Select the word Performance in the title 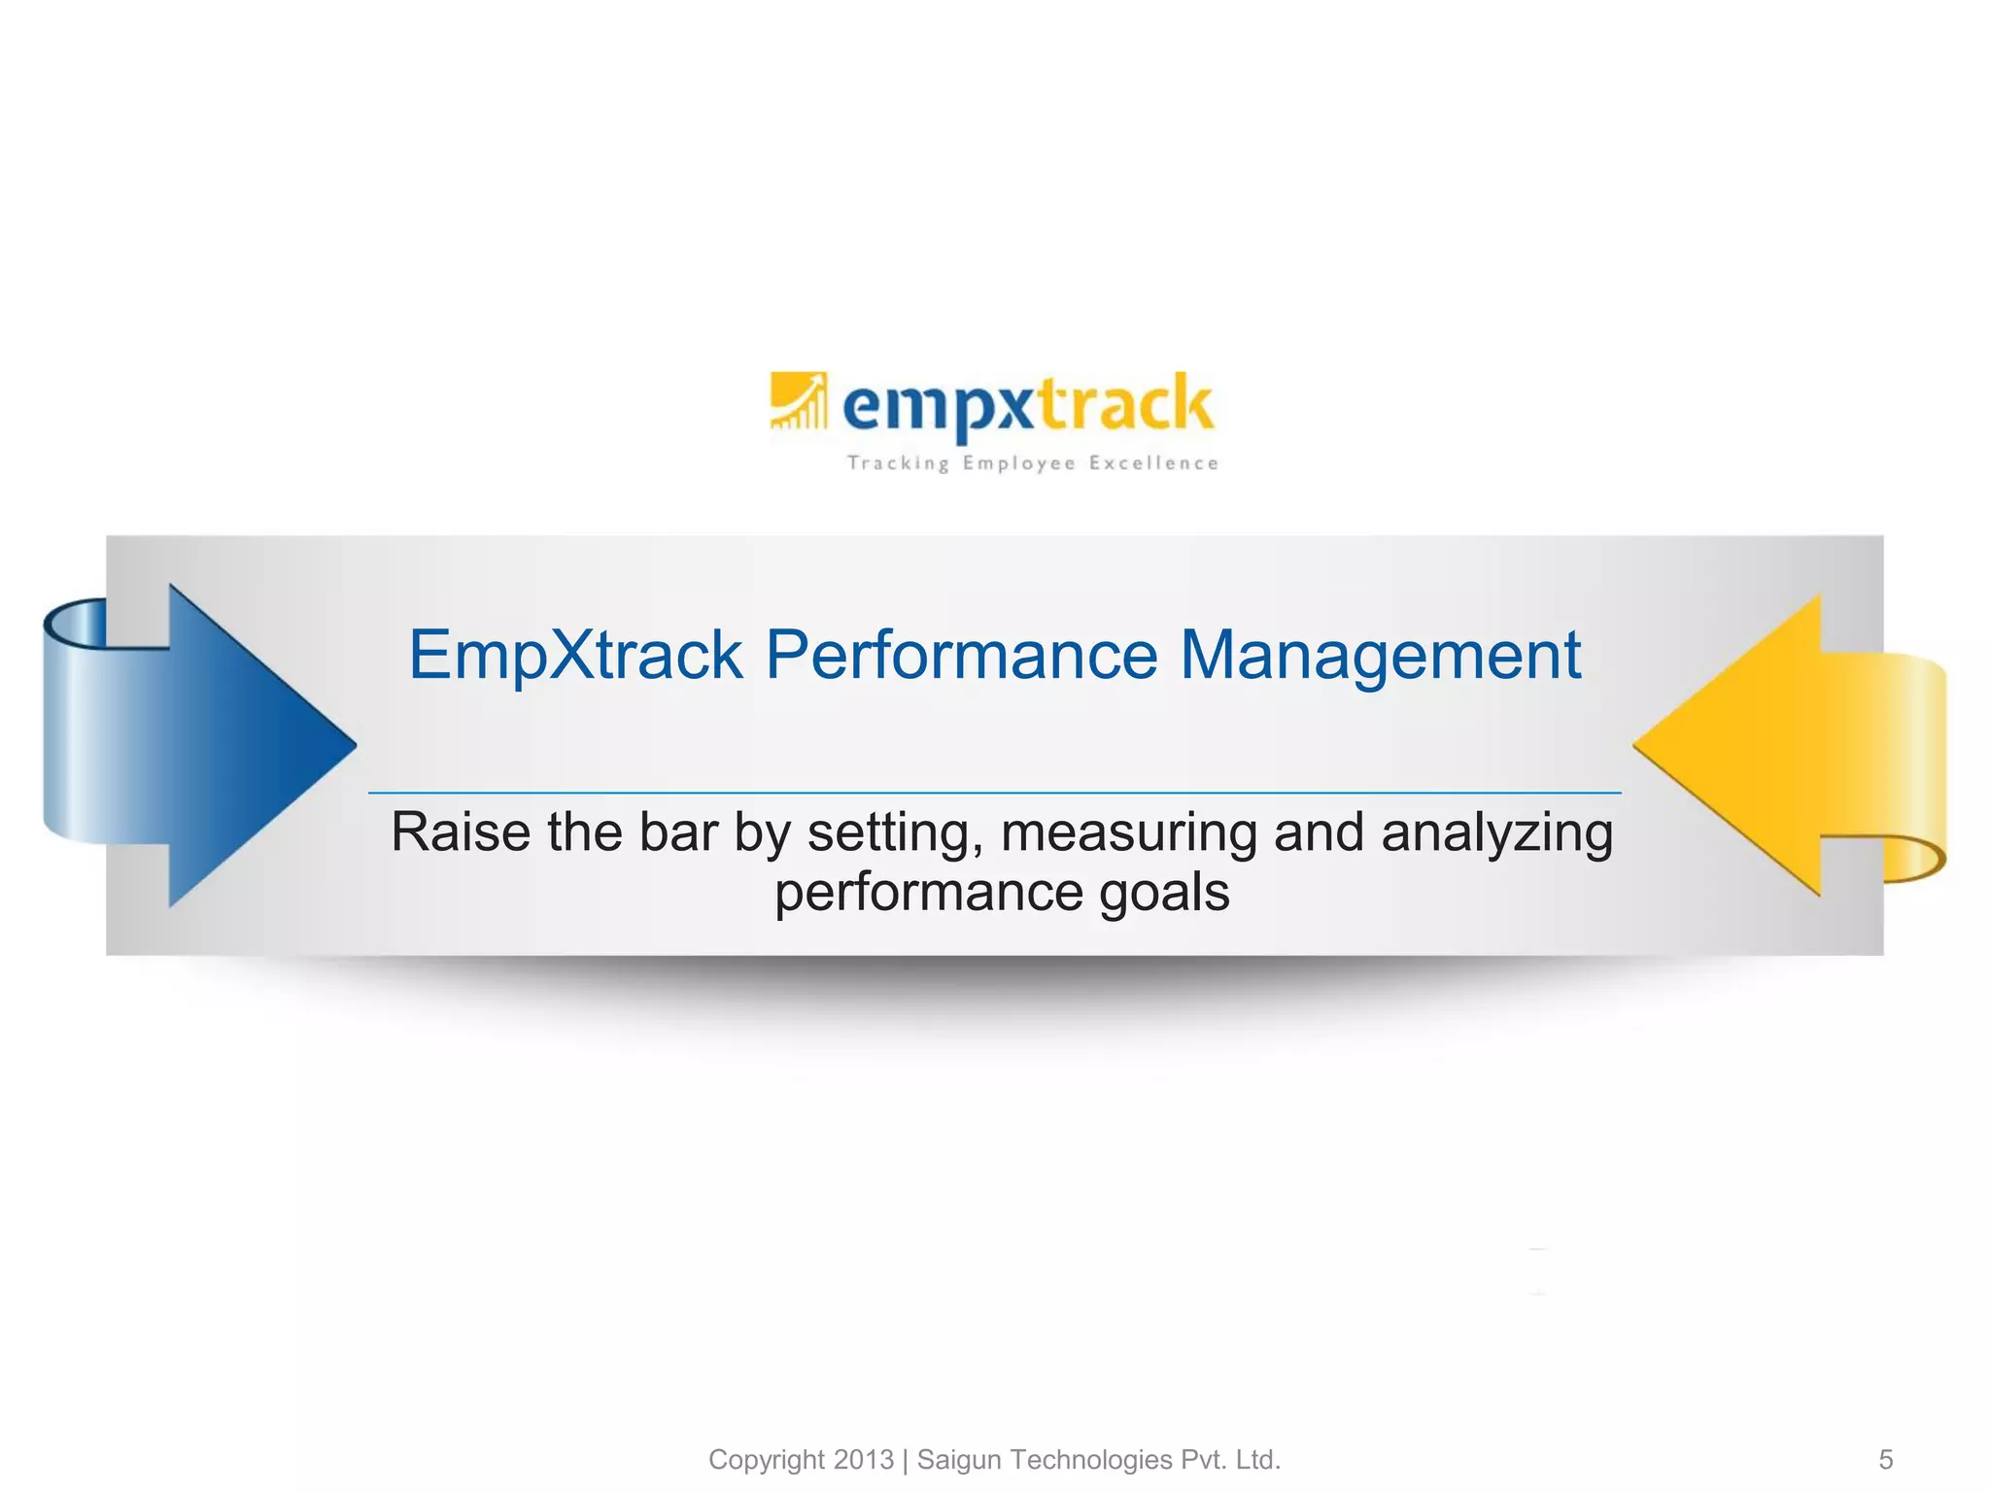[x=961, y=655]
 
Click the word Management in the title [x=1380, y=655]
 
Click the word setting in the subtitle [x=895, y=834]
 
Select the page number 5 [x=1886, y=1460]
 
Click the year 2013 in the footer [x=864, y=1460]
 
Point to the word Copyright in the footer [x=767, y=1460]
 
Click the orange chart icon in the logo [x=799, y=400]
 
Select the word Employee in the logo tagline [x=1018, y=464]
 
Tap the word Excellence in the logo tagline [x=1153, y=463]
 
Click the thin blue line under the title [x=994, y=793]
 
